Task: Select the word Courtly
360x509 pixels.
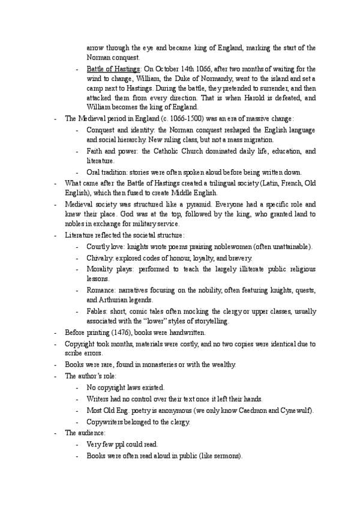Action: (99, 247)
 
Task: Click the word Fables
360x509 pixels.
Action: (97, 311)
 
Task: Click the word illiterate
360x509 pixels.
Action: (241, 268)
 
